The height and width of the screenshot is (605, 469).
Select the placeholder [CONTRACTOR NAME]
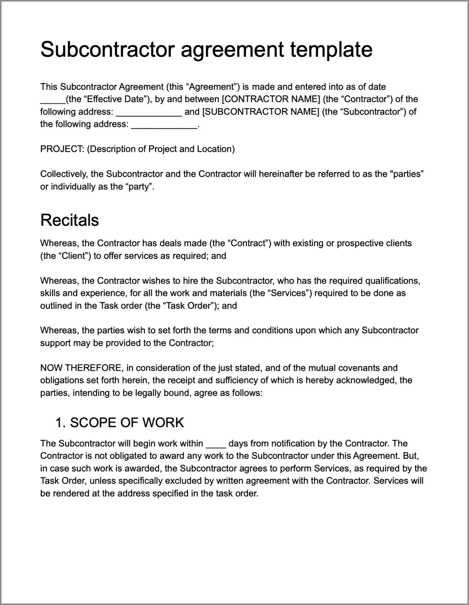coord(271,99)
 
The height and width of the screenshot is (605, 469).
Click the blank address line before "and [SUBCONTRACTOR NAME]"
coord(149,113)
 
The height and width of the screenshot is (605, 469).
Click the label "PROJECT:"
coord(62,149)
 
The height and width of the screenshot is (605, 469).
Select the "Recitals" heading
coord(69,220)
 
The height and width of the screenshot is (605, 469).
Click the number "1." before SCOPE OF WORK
coord(61,423)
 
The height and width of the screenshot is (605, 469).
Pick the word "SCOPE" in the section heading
coord(88,423)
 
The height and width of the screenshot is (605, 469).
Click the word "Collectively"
coord(64,174)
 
